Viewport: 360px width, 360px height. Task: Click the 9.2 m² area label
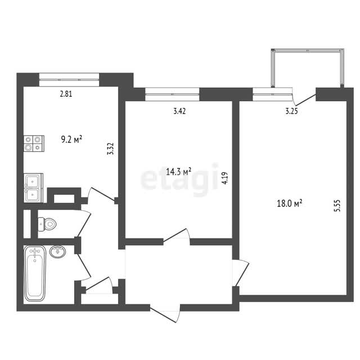pyautogui.click(x=71, y=139)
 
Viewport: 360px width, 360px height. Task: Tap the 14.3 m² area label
pyautogui.click(x=178, y=172)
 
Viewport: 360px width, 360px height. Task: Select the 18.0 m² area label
pyautogui.click(x=289, y=204)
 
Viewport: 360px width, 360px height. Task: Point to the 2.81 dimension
pyautogui.click(x=66, y=94)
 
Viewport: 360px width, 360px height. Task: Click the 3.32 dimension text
pyautogui.click(x=111, y=148)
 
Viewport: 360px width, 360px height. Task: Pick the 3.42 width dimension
pyautogui.click(x=179, y=111)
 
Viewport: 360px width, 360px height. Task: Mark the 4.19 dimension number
pyautogui.click(x=225, y=178)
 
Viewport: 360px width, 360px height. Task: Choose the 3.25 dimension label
pyautogui.click(x=291, y=111)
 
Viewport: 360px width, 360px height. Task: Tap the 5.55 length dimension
pyautogui.click(x=337, y=206)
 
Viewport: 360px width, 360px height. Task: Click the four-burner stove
pyautogui.click(x=34, y=143)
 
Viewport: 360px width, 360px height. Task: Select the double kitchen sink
pyautogui.click(x=33, y=188)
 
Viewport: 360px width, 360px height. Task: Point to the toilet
pyautogui.click(x=47, y=224)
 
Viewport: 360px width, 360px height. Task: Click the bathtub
pyautogui.click(x=35, y=273)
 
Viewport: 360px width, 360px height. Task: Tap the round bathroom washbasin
pyautogui.click(x=57, y=251)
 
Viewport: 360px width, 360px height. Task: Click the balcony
pyautogui.click(x=308, y=68)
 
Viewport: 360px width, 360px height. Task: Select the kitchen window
pyautogui.click(x=69, y=80)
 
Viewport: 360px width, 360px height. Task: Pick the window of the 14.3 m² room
pyautogui.click(x=172, y=94)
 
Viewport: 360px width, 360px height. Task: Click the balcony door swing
pyautogui.click(x=304, y=97)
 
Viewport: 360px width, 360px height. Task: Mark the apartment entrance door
pyautogui.click(x=165, y=313)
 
